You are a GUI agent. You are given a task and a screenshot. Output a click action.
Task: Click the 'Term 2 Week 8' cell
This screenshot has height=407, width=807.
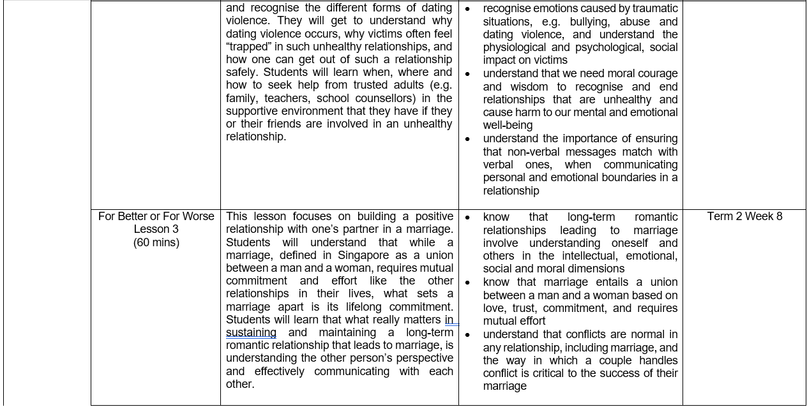pyautogui.click(x=744, y=216)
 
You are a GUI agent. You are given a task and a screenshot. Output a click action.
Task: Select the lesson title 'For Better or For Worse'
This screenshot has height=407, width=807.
pyautogui.click(x=156, y=216)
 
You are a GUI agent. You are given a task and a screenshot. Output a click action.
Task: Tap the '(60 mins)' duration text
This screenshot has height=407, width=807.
pyautogui.click(x=156, y=242)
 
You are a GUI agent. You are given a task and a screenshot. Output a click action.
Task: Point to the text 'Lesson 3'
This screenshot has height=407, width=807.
pyautogui.click(x=156, y=229)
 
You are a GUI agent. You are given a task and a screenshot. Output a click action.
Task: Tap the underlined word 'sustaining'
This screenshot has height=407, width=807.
pyautogui.click(x=251, y=332)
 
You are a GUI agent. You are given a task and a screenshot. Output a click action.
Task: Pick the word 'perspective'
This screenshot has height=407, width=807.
pyautogui.click(x=421, y=358)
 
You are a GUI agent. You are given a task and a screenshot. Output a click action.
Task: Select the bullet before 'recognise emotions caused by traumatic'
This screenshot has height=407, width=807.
pyautogui.click(x=467, y=9)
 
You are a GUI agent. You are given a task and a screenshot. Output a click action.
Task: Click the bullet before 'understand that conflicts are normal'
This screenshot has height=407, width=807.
pyautogui.click(x=467, y=335)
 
